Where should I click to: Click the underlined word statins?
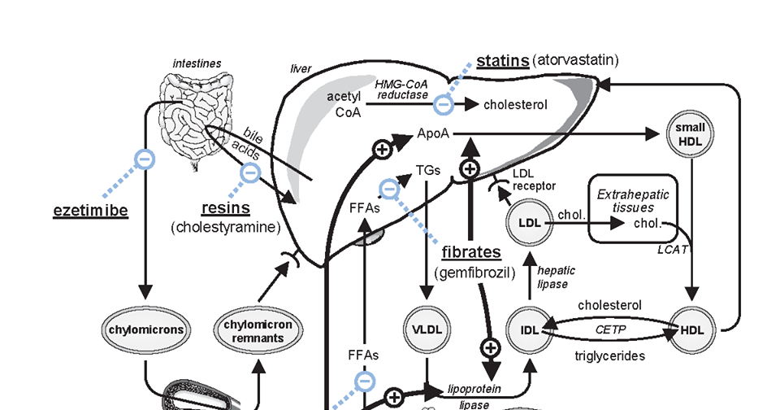pyautogui.click(x=502, y=61)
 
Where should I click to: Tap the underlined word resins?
pyautogui.click(x=225, y=208)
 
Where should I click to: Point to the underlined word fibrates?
pyautogui.click(x=471, y=252)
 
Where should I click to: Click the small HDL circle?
pyautogui.click(x=690, y=133)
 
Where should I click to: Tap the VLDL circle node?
pyautogui.click(x=427, y=330)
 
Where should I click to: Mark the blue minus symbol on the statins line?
pyautogui.click(x=443, y=104)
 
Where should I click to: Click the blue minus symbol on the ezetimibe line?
pyautogui.click(x=143, y=159)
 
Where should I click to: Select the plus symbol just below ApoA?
pyautogui.click(x=469, y=168)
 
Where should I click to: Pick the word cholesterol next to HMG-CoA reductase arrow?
pyautogui.click(x=515, y=105)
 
